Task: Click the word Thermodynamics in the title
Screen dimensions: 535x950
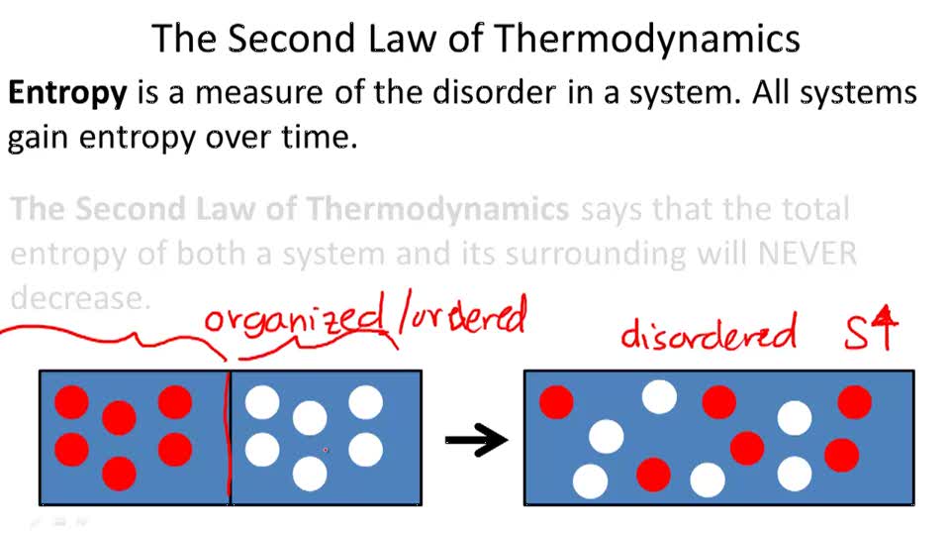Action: [x=646, y=40]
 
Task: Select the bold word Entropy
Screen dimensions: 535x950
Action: [x=67, y=94]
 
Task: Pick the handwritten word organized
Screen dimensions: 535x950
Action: [x=294, y=321]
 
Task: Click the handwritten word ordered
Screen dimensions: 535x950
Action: [x=466, y=318]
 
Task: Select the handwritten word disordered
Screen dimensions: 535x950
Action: [x=708, y=333]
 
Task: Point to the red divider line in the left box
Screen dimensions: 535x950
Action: [x=230, y=436]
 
